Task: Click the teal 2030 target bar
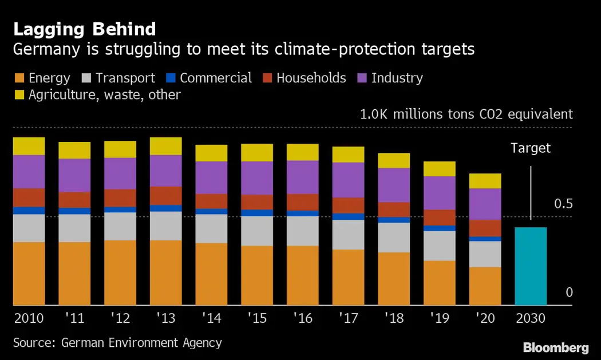pos(531,266)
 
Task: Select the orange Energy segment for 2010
pos(29,274)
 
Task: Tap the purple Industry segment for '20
pos(485,204)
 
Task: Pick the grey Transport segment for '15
pos(257,231)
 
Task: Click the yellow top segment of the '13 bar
pos(166,146)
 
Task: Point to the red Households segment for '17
pos(349,205)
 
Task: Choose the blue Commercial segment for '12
pos(120,209)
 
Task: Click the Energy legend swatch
pos(19,78)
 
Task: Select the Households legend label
pos(311,78)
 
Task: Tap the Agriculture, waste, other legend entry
pos(97,95)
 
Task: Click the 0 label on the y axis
pos(569,292)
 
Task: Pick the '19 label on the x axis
pos(440,318)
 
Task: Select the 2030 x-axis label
pos(531,318)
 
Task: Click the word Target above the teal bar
pos(531,148)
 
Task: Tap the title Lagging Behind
pos(85,29)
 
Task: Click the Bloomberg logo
pos(556,347)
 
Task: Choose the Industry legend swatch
pos(362,78)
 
